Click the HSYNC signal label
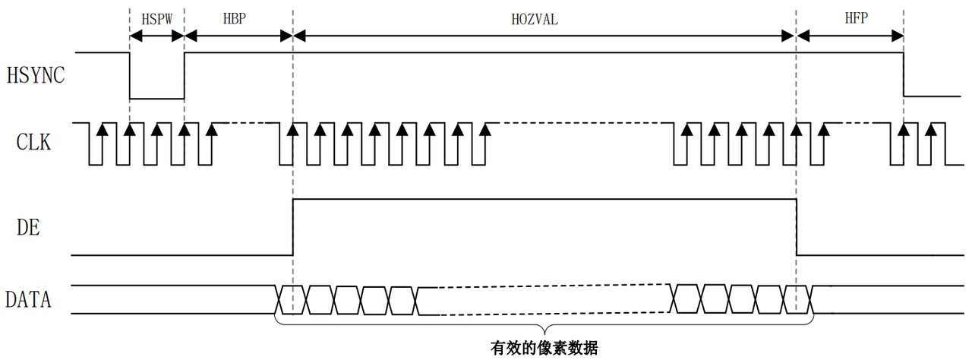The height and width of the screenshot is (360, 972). point(35,76)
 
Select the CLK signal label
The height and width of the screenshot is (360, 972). point(33,141)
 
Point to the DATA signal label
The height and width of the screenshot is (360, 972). point(28,299)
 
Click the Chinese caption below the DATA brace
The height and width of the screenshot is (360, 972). point(544,348)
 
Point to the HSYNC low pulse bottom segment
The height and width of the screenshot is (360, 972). point(157,98)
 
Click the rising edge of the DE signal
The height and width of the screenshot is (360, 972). point(293,226)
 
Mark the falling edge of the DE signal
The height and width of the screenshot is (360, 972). point(797,226)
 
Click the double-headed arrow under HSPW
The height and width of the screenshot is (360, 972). point(157,35)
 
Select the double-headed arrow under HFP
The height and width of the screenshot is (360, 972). point(850,35)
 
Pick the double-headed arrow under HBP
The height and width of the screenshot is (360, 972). point(238,35)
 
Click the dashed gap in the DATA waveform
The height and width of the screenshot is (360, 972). point(543,300)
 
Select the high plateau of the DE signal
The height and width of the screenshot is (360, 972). point(544,199)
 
